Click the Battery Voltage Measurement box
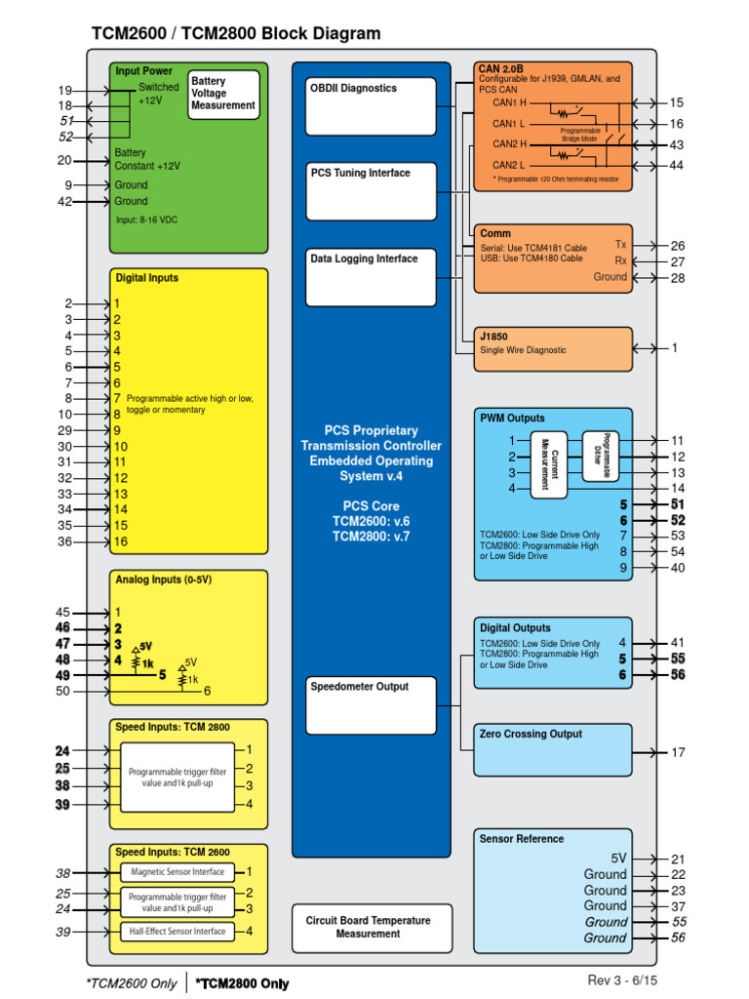pyautogui.click(x=223, y=95)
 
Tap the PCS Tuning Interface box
pyautogui.click(x=371, y=191)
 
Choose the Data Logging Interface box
pyautogui.click(x=371, y=277)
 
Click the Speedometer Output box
pyautogui.click(x=371, y=704)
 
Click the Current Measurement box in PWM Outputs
pyautogui.click(x=548, y=463)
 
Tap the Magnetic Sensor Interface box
pyautogui.click(x=177, y=872)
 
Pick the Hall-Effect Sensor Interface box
pyautogui.click(x=177, y=931)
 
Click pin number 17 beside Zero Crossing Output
pyautogui.click(x=678, y=752)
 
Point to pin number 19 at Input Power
pyautogui.click(x=65, y=90)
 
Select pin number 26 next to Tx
pyautogui.click(x=678, y=246)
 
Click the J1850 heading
pyautogui.click(x=493, y=337)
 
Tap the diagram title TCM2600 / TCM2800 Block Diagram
pyautogui.click(x=236, y=34)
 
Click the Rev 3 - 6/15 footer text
pyautogui.click(x=628, y=979)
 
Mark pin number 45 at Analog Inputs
pyautogui.click(x=63, y=612)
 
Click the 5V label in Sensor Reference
pyautogui.click(x=618, y=859)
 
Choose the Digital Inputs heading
pyautogui.click(x=146, y=278)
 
